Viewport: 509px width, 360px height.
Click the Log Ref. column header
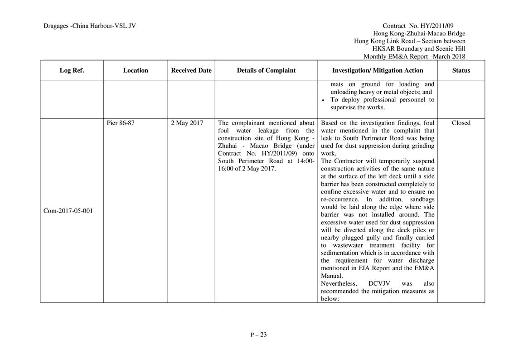pyautogui.click(x=72, y=70)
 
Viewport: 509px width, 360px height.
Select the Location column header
pyautogui.click(x=135, y=70)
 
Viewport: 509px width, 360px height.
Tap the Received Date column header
pyautogui.click(x=191, y=70)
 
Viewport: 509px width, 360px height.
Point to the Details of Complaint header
pyautogui.click(x=266, y=70)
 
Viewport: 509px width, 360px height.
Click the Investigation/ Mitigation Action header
pyautogui.click(x=378, y=70)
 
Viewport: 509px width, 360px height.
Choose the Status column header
pyautogui.click(x=461, y=70)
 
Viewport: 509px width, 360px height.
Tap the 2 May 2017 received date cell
pyautogui.click(x=187, y=123)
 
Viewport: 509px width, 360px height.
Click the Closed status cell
pyautogui.click(x=461, y=123)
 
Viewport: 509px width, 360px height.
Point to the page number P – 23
pyautogui.click(x=258, y=335)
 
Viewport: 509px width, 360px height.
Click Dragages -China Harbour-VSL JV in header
pyautogui.click(x=90, y=26)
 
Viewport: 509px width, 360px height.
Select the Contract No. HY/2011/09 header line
pyautogui.click(x=424, y=26)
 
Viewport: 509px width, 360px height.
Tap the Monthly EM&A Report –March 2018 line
pyautogui.click(x=414, y=57)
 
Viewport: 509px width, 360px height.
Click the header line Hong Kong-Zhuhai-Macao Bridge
pyautogui.click(x=419, y=34)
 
